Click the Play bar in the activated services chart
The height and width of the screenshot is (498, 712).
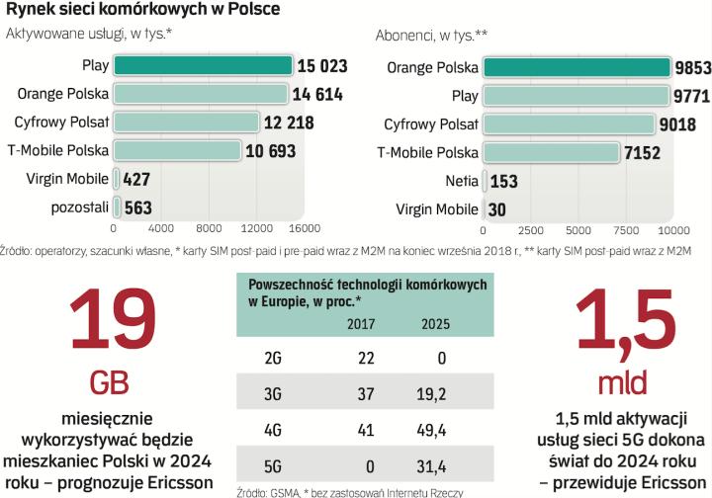[x=203, y=66]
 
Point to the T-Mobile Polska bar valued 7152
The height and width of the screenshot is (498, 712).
[x=555, y=152]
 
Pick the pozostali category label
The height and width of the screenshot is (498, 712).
[x=79, y=207]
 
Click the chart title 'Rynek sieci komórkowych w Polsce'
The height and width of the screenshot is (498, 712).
[x=142, y=10]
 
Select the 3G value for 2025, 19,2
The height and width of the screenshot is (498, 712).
[x=435, y=394]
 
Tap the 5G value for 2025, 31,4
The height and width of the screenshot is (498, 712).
[x=435, y=465]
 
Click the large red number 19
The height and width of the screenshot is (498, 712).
[x=112, y=319]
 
